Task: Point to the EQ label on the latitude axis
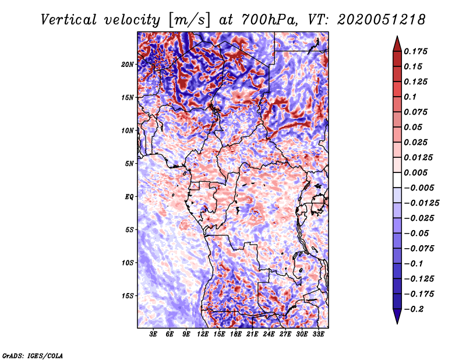tap(129, 197)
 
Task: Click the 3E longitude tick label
tap(153, 335)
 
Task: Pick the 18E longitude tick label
tap(236, 335)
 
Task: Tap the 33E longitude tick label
tap(319, 335)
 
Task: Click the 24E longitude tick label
tap(269, 335)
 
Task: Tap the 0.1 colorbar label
tap(411, 97)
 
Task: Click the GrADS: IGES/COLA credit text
tap(32, 355)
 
